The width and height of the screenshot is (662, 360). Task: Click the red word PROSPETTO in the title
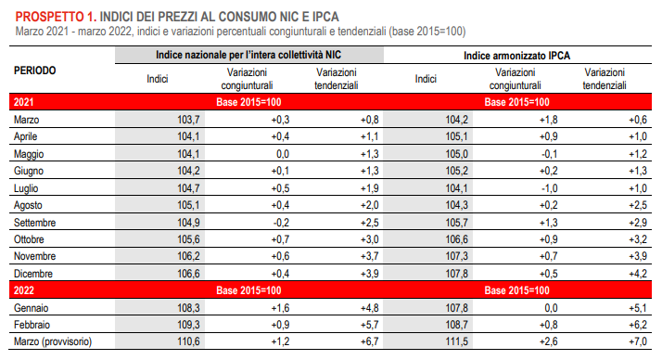[50, 17]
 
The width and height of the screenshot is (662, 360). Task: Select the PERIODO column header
[34, 71]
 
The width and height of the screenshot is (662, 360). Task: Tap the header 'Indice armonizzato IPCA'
[516, 56]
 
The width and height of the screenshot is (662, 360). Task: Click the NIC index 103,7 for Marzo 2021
[188, 120]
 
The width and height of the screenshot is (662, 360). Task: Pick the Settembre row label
[34, 223]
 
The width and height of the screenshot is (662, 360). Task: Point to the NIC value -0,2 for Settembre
[281, 223]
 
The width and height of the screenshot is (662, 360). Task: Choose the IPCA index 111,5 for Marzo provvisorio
[456, 341]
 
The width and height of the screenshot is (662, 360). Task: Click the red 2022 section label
[24, 290]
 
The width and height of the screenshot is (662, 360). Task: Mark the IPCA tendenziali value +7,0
[638, 341]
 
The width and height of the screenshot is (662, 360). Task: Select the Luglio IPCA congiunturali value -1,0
[549, 188]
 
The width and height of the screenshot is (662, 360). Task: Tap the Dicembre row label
[33, 274]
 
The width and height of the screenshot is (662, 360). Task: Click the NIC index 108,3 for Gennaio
[188, 308]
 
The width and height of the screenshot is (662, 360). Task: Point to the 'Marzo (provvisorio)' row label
[53, 341]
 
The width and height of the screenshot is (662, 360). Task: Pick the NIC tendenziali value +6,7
[369, 341]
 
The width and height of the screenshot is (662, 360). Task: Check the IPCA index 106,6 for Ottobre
[456, 239]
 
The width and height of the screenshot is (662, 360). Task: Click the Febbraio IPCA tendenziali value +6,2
[638, 325]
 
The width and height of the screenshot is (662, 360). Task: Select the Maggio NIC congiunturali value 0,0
[283, 154]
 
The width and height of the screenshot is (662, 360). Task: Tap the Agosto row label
[28, 205]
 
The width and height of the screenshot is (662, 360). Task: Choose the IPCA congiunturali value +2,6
[549, 341]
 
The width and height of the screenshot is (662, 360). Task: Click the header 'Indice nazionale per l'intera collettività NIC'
[248, 55]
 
